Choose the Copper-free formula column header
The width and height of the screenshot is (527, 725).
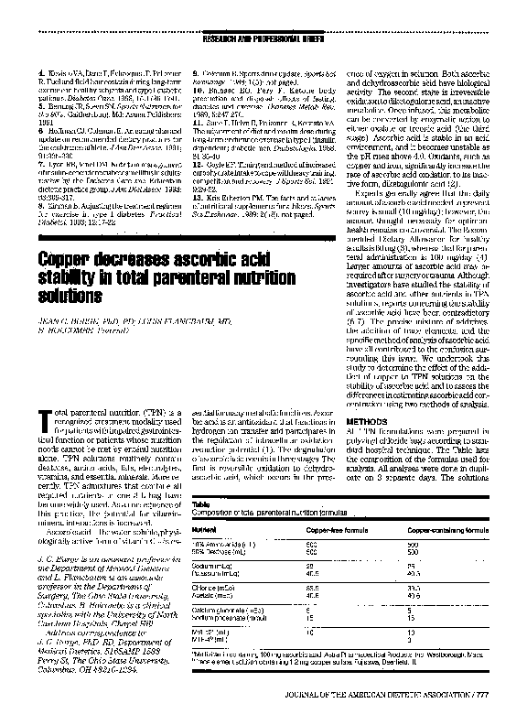(339, 530)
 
